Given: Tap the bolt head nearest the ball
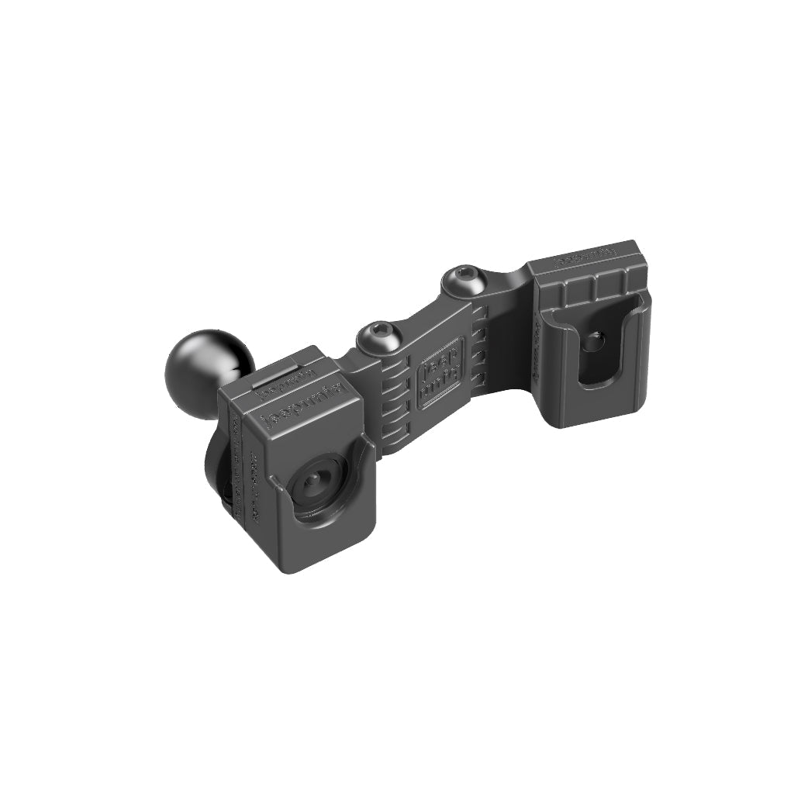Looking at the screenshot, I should pyautogui.click(x=373, y=335).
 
